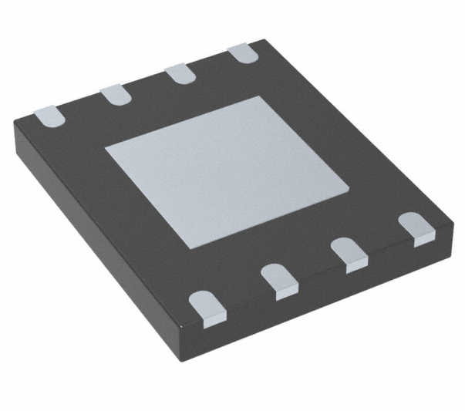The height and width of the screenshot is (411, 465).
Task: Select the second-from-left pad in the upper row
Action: [116, 94]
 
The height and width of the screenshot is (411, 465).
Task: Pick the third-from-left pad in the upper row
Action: [181, 74]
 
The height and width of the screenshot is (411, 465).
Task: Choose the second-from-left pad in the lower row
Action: [279, 280]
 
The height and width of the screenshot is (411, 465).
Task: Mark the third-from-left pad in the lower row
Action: [349, 255]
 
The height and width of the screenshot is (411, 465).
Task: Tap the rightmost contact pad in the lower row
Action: [416, 230]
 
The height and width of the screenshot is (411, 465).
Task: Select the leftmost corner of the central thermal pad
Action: [106, 146]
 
